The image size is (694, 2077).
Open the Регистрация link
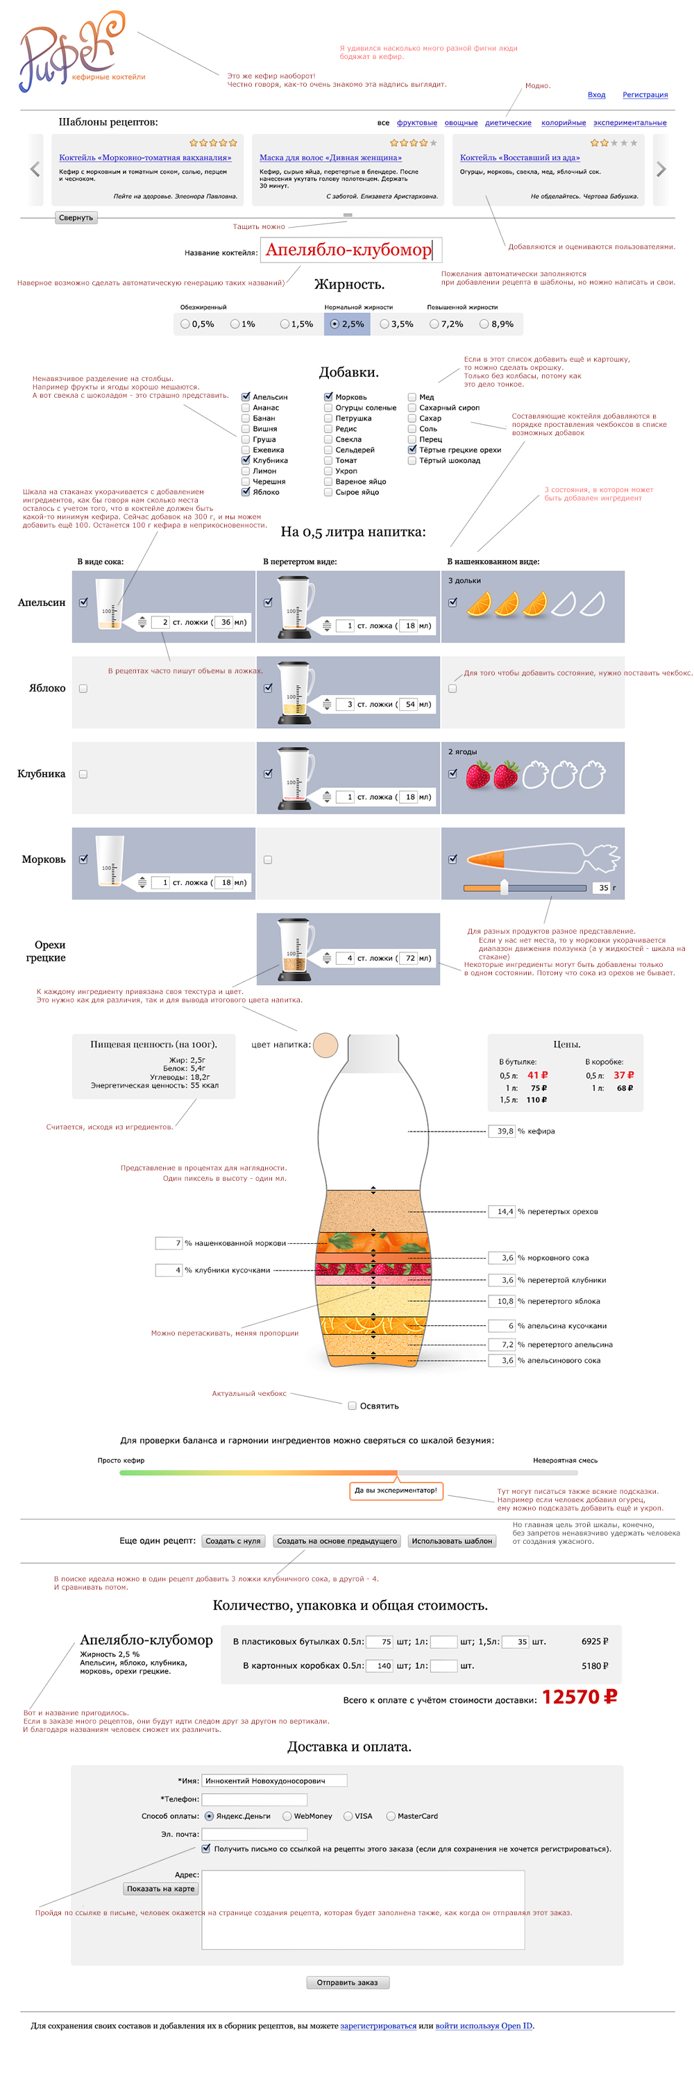[645, 94]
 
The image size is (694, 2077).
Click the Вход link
[595, 94]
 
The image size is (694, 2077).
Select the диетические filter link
[508, 123]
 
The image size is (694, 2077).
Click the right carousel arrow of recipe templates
[661, 169]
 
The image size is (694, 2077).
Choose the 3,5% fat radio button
[384, 324]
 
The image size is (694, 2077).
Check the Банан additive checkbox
[246, 419]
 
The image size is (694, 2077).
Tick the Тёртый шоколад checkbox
[412, 460]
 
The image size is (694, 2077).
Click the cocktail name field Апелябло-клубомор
[350, 250]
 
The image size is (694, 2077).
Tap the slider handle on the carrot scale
[504, 887]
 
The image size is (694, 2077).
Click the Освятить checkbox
[353, 1405]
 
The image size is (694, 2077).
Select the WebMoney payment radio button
[287, 1816]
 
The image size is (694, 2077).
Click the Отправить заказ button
[348, 1982]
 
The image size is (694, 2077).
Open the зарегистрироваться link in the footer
[378, 2026]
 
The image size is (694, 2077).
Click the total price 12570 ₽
[579, 1697]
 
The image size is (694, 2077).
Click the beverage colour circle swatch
[325, 1045]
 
